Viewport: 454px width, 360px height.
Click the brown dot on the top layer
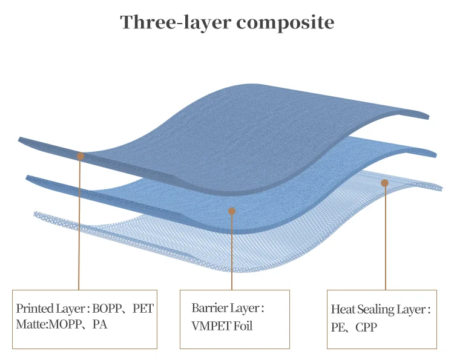[x=81, y=156]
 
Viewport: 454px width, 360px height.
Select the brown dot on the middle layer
[x=231, y=211]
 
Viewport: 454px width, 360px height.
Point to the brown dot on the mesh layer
[x=384, y=183]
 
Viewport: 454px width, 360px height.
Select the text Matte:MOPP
[x=43, y=324]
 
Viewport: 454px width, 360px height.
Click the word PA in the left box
[x=99, y=324]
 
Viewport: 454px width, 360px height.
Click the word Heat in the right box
[x=343, y=310]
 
